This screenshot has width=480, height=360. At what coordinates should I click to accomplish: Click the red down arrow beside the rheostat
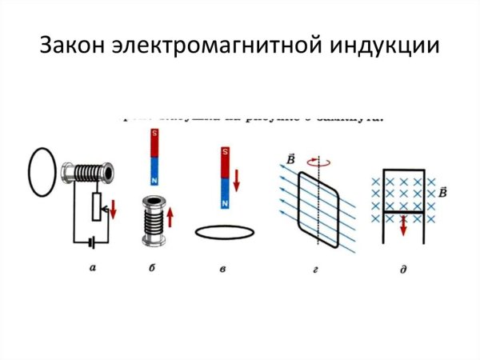113,210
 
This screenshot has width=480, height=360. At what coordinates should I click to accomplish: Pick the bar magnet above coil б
153,158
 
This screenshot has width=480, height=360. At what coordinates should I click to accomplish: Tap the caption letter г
322,269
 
